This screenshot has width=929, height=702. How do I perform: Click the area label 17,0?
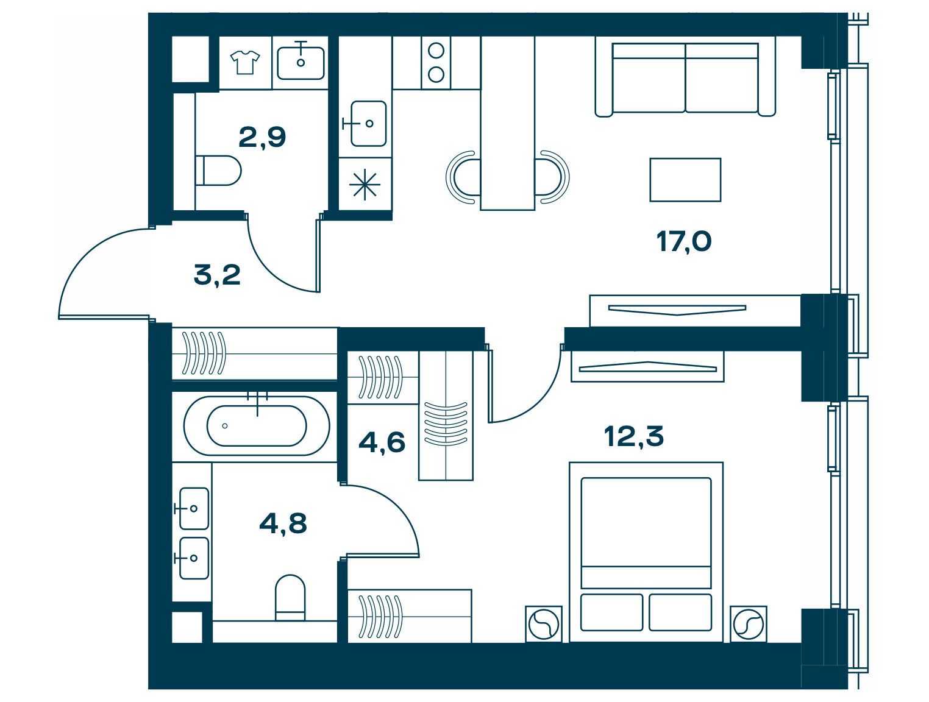click(683, 243)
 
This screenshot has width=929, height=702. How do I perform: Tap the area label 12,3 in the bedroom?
click(633, 436)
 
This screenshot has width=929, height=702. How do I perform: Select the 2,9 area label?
click(262, 137)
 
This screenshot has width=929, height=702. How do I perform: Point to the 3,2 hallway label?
click(217, 274)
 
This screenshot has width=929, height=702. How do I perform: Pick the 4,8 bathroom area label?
click(283, 523)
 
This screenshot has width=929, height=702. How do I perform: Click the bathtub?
click(257, 425)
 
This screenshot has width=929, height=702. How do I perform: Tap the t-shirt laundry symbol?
click(244, 63)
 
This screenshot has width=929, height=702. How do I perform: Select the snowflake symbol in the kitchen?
click(365, 185)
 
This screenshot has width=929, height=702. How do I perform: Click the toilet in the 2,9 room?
click(218, 171)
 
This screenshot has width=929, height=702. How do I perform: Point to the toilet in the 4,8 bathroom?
click(290, 597)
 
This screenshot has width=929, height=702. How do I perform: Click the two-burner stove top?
click(436, 63)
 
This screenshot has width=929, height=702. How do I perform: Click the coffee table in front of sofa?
click(685, 180)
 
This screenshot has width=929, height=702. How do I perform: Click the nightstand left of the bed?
click(544, 624)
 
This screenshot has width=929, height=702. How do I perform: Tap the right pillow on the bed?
click(680, 612)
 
